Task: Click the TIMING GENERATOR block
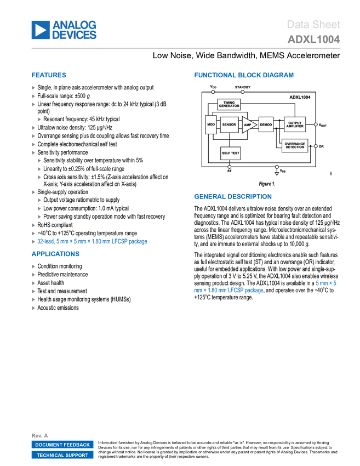coord(229,104)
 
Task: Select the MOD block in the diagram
coord(211,125)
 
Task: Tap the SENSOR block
coord(229,125)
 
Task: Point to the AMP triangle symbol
coord(248,125)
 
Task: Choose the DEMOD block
coord(266,125)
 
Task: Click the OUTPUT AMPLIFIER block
coord(295,124)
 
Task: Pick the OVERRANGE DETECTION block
coord(295,146)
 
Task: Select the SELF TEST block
coord(230,153)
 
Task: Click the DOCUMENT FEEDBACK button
coord(62,445)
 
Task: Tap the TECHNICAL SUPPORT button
coord(62,455)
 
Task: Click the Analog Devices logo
coord(64,30)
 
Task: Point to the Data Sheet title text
coord(313,24)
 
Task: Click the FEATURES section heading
coord(49,75)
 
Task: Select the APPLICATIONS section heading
coord(55,254)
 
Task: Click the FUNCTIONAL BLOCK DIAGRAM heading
coord(243,75)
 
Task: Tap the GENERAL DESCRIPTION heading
coord(232,196)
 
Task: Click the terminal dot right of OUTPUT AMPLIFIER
coord(316,124)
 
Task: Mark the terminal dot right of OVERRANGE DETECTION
coord(316,146)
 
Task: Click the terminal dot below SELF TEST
coord(230,167)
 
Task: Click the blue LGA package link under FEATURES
coord(92,241)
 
